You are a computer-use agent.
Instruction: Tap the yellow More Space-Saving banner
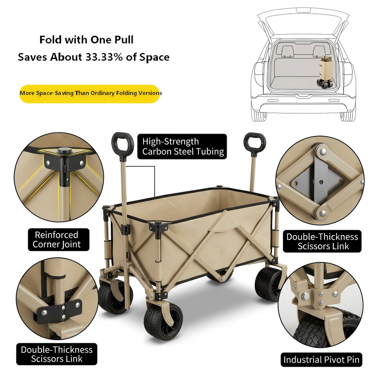90,93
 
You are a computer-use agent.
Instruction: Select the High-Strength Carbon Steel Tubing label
182,146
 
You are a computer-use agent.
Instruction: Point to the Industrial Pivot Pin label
321,360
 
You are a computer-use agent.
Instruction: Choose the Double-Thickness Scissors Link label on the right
322,242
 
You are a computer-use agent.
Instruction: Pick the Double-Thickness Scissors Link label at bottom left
57,354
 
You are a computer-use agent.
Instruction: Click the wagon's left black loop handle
123,145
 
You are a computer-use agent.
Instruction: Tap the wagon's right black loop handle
255,144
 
